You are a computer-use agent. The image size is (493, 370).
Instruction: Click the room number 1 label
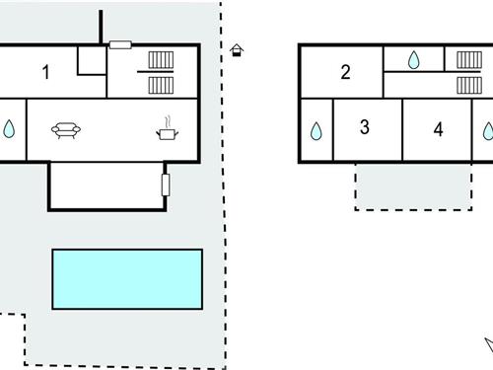point(46,71)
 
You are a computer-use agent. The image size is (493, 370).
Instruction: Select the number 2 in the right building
point(345,71)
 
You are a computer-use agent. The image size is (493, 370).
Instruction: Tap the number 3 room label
point(365,127)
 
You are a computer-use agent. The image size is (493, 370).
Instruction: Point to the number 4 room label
point(438,129)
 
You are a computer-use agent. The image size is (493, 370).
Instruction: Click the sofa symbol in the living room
point(66,128)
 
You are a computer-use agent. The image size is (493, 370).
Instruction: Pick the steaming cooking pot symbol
point(168,128)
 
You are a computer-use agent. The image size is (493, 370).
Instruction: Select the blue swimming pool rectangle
point(127,277)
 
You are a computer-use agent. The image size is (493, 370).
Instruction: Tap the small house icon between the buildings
point(237,50)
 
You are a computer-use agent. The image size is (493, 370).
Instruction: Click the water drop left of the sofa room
point(10,128)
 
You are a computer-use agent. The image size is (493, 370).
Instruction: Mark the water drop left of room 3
point(317,130)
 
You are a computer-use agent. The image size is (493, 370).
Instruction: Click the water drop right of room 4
point(487,130)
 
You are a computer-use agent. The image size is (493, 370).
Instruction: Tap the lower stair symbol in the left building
point(161,85)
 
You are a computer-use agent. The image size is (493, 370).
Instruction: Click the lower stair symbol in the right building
point(467,85)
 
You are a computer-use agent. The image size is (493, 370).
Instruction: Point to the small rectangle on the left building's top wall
point(120,44)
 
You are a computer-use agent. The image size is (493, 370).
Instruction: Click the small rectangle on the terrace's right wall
point(166,185)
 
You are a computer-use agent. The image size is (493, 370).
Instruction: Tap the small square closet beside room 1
point(92,60)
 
